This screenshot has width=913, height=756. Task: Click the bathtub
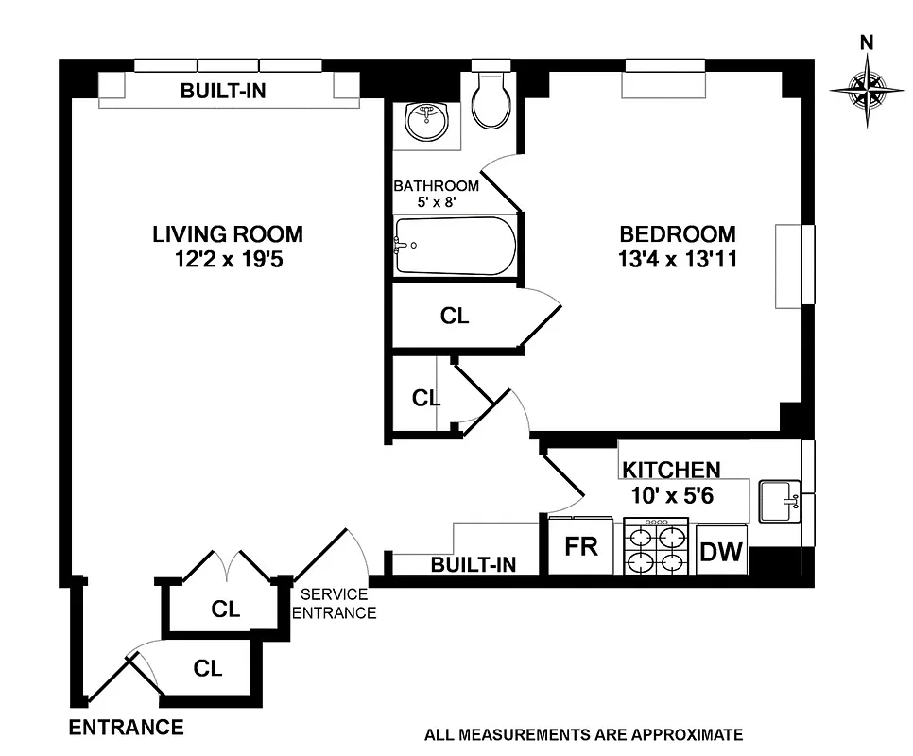pyautogui.click(x=456, y=246)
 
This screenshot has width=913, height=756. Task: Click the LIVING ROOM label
pyautogui.click(x=228, y=233)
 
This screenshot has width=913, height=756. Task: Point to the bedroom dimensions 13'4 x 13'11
pyautogui.click(x=677, y=259)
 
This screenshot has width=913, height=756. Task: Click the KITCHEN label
pyautogui.click(x=671, y=469)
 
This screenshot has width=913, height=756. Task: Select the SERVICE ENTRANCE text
pyautogui.click(x=334, y=604)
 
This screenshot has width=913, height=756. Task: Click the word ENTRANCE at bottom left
pyautogui.click(x=126, y=728)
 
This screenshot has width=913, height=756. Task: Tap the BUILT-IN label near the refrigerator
pyautogui.click(x=474, y=565)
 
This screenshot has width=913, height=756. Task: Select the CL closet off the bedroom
pyautogui.click(x=455, y=317)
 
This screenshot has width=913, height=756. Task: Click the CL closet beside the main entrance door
pyautogui.click(x=208, y=668)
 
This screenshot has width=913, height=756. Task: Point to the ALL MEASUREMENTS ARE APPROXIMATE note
pyautogui.click(x=584, y=734)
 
